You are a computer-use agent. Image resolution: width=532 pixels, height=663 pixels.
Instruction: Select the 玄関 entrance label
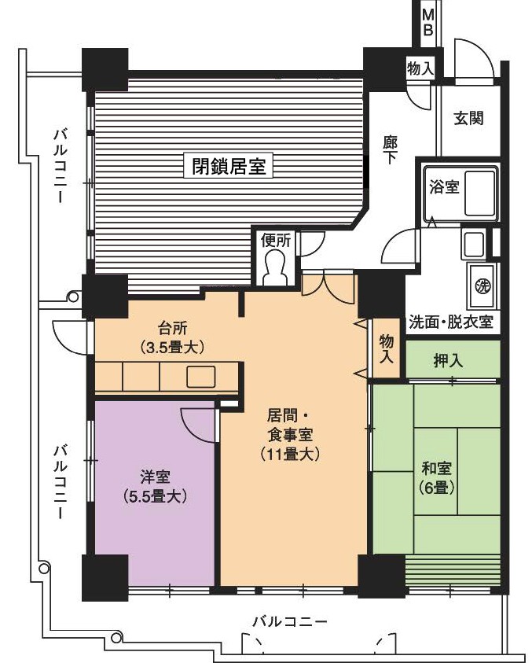[x=468, y=118]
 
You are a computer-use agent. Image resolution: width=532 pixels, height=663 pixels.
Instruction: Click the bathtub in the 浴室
[x=479, y=193]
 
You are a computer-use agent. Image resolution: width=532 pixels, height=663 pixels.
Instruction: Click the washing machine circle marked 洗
[x=482, y=285]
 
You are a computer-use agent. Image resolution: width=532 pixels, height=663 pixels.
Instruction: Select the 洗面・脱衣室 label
[x=451, y=322]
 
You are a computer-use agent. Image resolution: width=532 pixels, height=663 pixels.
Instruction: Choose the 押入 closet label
[x=448, y=360]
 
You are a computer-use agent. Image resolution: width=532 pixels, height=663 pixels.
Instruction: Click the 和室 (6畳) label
[x=437, y=478]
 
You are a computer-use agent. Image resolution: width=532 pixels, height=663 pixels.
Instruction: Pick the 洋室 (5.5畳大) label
[x=156, y=486]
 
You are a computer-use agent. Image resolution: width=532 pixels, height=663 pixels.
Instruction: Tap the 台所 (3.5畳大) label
[x=173, y=337]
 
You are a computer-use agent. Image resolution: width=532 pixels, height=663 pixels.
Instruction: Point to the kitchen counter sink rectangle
[x=201, y=376]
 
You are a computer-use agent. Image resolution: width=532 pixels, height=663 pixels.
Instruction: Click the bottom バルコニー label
[x=290, y=622]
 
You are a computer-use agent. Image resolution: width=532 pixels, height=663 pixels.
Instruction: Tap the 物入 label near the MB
[x=420, y=69]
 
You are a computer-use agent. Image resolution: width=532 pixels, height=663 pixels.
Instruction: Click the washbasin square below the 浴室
[x=474, y=245]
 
